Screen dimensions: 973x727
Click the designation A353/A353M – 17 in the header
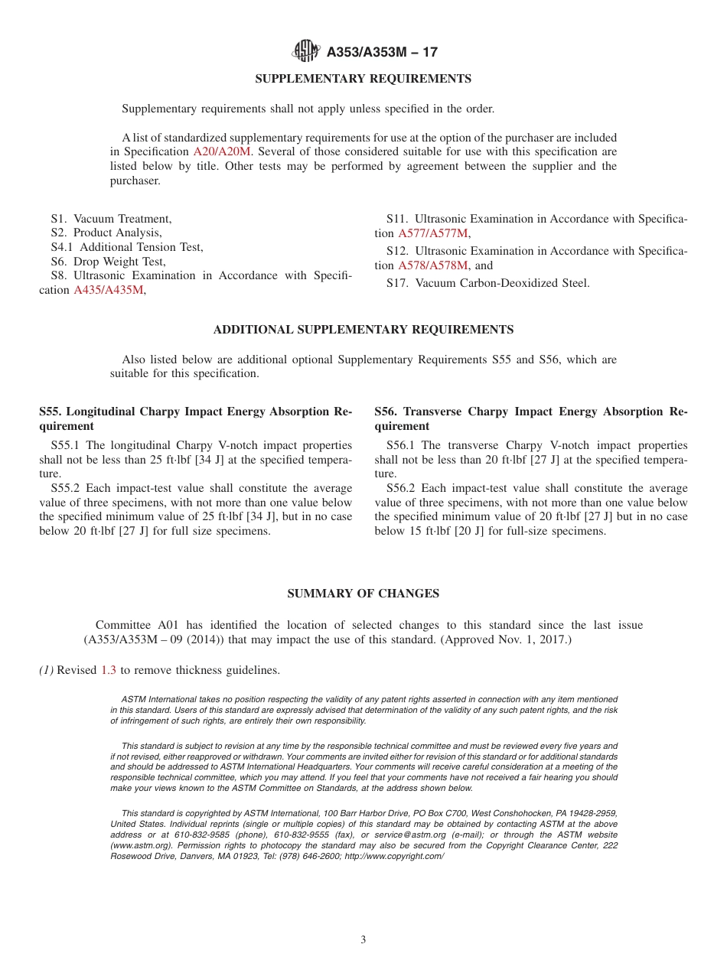[382, 53]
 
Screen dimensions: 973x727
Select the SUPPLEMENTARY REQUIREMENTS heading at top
[363, 79]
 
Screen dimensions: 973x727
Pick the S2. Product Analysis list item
[106, 233]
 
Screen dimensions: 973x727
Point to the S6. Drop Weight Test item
[108, 262]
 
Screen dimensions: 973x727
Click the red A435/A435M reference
[108, 290]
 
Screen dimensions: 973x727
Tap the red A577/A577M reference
[432, 233]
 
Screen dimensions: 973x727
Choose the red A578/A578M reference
[432, 265]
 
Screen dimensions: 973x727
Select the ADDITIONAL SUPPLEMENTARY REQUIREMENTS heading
[363, 330]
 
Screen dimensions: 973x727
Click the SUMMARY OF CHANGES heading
[363, 594]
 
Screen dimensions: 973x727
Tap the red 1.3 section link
[109, 670]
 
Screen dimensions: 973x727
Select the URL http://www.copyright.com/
[394, 856]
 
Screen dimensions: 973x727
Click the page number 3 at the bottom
[363, 940]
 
